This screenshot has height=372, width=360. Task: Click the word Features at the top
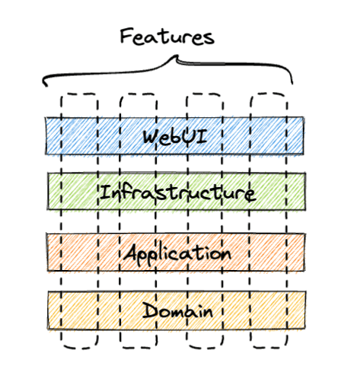click(x=167, y=37)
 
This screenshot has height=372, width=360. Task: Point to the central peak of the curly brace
click(x=177, y=56)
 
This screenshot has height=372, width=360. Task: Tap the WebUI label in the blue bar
click(x=175, y=137)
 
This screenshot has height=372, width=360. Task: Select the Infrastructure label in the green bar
click(x=177, y=192)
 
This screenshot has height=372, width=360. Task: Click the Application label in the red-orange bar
click(x=177, y=253)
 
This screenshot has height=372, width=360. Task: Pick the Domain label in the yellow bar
click(x=177, y=310)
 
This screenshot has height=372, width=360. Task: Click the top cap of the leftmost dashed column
click(x=79, y=94)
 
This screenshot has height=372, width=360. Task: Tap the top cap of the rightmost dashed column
click(x=269, y=94)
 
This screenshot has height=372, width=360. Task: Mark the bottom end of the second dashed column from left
click(x=139, y=347)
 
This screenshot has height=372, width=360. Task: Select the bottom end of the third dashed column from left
click(x=205, y=347)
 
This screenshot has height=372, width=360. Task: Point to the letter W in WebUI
click(x=151, y=137)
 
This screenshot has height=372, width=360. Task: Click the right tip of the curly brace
click(x=292, y=84)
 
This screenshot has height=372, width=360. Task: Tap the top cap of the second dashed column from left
click(x=139, y=95)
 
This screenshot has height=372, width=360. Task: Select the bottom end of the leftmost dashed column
click(x=79, y=347)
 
